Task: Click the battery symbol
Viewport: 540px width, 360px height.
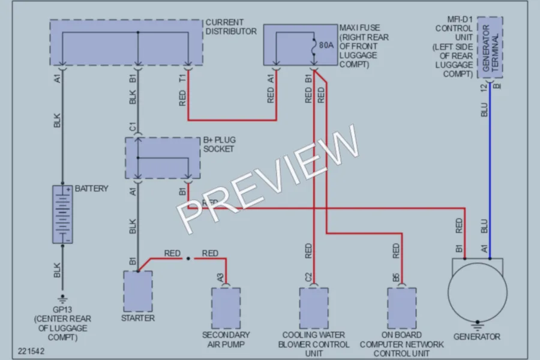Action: click(x=62, y=214)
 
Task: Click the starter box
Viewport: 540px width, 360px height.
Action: click(x=138, y=292)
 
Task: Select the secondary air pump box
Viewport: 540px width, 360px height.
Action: click(x=226, y=308)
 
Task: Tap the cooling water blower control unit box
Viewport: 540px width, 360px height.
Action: click(x=314, y=308)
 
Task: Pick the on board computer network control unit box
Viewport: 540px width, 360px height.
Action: click(x=402, y=308)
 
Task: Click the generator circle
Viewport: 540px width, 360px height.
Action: click(x=478, y=293)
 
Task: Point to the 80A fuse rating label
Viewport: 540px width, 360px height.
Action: click(x=326, y=45)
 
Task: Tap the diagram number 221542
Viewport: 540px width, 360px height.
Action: click(x=31, y=351)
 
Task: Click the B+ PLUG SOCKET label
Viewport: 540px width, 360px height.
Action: click(x=220, y=145)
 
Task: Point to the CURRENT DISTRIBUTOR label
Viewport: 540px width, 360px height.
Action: click(x=231, y=26)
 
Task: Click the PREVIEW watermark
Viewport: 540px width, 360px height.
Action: click(x=268, y=179)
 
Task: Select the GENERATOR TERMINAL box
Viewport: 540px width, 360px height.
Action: click(x=490, y=47)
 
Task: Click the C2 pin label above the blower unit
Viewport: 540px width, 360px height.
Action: click(x=308, y=277)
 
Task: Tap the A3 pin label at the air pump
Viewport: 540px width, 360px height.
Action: click(x=220, y=277)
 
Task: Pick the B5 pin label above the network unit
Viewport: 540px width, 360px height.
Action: click(x=396, y=277)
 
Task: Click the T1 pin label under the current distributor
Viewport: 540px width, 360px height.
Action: click(x=182, y=78)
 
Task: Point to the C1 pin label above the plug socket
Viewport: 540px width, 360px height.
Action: click(x=133, y=127)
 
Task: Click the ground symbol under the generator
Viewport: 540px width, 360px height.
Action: click(x=478, y=325)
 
